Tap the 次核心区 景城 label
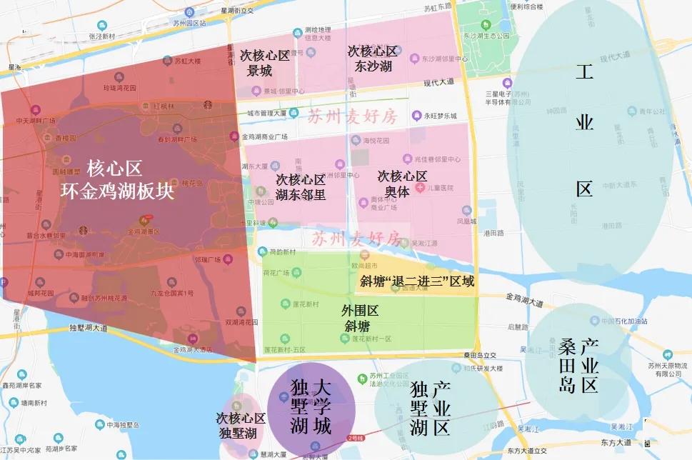(264, 63)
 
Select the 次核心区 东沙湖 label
(373, 58)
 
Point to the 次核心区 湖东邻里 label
(301, 186)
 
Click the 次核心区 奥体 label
(402, 183)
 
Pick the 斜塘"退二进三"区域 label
(417, 281)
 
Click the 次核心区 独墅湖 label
(241, 424)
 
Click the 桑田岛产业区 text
(578, 365)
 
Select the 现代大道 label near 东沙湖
(438, 82)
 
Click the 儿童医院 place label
(441, 187)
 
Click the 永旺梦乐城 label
(441, 115)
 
